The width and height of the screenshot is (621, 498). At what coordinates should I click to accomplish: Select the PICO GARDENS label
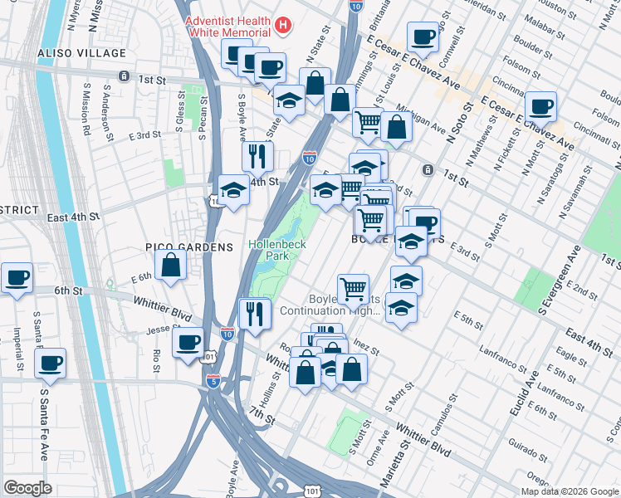coord(189,247)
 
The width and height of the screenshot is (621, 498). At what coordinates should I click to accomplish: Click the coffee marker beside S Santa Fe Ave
coord(51,363)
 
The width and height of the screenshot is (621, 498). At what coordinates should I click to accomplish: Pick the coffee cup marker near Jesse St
coord(188,342)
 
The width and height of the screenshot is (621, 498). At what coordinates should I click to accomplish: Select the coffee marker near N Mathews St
coord(540,107)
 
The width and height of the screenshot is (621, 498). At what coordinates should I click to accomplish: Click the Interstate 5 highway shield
coord(214,381)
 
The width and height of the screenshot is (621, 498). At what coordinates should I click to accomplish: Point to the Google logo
coord(27,487)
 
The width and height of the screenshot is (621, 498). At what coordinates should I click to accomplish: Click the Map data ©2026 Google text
coord(570,491)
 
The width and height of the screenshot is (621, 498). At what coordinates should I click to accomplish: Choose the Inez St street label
coord(366,343)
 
